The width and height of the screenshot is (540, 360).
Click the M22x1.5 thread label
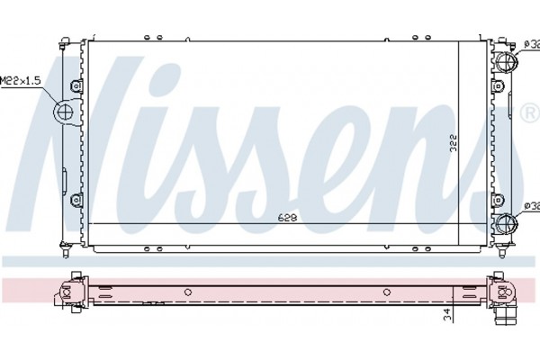pyautogui.click(x=20, y=80)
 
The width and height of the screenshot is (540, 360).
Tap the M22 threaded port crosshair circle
pyautogui.click(x=65, y=112)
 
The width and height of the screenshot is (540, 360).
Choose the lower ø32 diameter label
pyautogui.click(x=531, y=206)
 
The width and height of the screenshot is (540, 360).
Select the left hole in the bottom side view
pyautogui.click(x=188, y=291)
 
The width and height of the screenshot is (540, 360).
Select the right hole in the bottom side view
pyautogui.click(x=386, y=291)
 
